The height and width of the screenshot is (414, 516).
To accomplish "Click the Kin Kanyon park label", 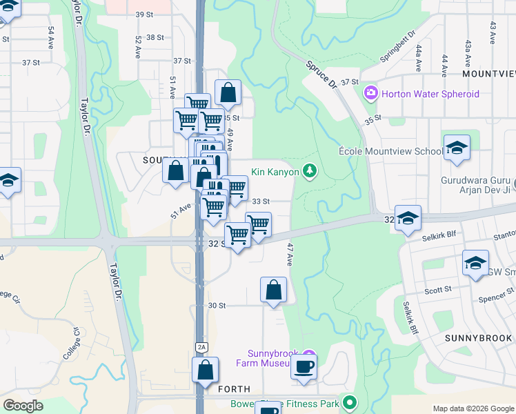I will coord(275,171).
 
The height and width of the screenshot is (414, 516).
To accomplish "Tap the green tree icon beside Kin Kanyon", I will coord(310,170).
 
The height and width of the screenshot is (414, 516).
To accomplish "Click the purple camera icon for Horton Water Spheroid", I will coord(371,92).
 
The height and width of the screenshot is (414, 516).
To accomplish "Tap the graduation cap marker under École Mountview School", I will coord(457,148).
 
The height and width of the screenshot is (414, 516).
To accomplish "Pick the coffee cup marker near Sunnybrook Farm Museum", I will coord(304,366).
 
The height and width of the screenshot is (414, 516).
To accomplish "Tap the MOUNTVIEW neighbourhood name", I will coord(488,73).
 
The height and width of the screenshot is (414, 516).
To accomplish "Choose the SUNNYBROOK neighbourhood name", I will coord(479,338).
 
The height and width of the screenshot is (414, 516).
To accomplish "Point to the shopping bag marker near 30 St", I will coord(274,290).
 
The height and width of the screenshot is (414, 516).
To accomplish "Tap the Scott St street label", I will coord(437,290).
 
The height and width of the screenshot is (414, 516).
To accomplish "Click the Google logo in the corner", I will coord(23,406).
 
